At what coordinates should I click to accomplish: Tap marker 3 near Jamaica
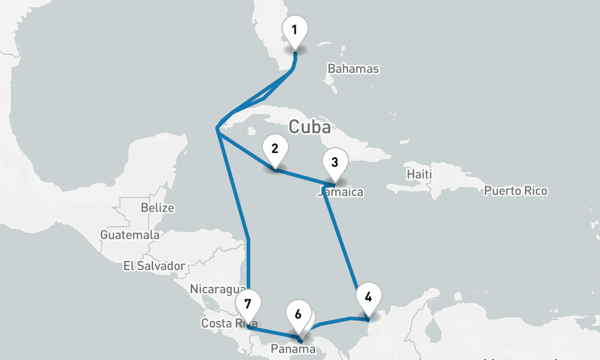335,162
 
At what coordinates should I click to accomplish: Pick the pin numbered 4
368,297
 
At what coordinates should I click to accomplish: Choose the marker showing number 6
298,314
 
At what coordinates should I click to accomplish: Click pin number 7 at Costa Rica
248,302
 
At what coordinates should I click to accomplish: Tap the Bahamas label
353,68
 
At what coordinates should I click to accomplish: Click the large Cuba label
310,127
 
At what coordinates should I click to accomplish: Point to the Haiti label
419,174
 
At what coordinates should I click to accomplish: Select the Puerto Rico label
515,191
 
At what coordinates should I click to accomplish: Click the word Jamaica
341,193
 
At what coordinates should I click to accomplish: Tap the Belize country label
157,208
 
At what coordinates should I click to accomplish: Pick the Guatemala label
130,235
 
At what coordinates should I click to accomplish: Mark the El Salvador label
154,265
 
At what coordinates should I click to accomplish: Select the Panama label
292,349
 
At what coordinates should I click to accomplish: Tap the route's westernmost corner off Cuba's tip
217,128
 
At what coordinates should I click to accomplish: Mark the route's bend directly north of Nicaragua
248,240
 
